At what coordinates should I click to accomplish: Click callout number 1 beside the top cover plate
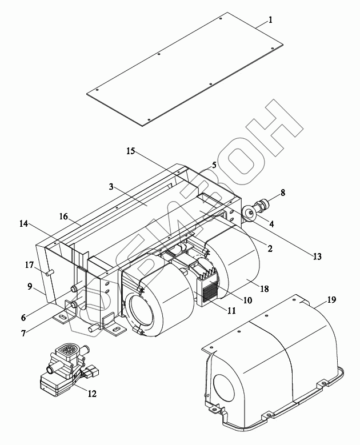pos(270,20)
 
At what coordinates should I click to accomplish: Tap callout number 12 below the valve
pos(92,394)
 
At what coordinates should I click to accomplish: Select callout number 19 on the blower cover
pos(331,299)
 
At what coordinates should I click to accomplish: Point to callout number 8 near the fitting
pos(282,193)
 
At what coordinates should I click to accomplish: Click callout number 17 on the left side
pos(30,265)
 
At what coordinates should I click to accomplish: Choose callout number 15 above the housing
pos(131,151)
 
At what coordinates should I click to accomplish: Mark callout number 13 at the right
pos(317,256)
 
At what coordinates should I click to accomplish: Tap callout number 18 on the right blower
pos(264,288)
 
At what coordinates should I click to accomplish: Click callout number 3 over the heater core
pos(111,186)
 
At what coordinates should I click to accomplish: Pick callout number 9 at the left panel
pos(30,286)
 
